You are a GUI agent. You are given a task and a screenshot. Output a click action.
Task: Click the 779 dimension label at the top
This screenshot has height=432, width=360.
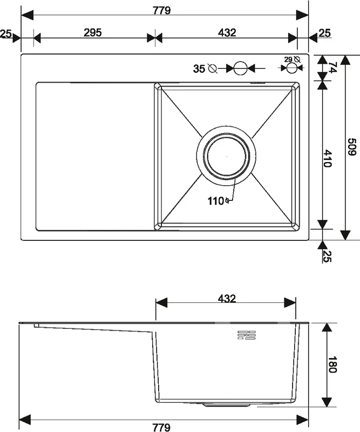coord(162,10)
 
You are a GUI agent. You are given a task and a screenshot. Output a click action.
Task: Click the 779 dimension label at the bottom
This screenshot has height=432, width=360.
coord(161,427)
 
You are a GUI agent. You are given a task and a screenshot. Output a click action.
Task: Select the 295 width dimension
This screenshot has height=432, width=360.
coord(92,32)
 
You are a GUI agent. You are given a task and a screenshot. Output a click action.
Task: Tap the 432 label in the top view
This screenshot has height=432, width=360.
coord(227,32)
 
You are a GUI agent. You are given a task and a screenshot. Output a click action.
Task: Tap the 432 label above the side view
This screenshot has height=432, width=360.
coord(227,299)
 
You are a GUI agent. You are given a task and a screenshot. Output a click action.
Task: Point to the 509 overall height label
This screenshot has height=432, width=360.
coord(351,147)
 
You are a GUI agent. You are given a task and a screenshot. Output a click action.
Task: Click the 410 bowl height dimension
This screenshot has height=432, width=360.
coord(327,158)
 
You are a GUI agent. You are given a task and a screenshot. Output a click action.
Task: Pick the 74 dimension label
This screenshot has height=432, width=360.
coord(332,68)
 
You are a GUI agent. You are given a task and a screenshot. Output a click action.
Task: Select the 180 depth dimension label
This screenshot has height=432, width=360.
coord(332,364)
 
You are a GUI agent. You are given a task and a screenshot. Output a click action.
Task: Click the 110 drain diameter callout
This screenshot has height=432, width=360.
coord(216,201)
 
